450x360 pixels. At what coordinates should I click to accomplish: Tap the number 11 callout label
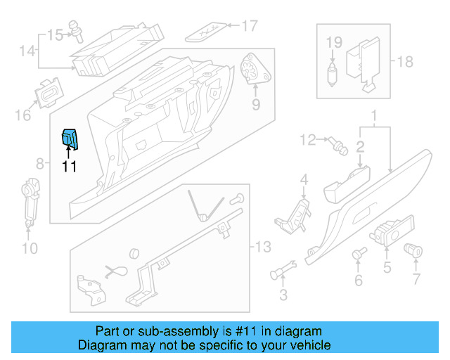click(69, 167)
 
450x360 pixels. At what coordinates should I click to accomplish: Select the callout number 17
click(250, 27)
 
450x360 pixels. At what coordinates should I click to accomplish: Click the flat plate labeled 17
click(207, 30)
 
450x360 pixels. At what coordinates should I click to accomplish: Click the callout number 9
click(255, 105)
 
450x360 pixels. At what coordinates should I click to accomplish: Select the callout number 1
click(374, 115)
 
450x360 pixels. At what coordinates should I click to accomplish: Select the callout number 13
click(262, 247)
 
